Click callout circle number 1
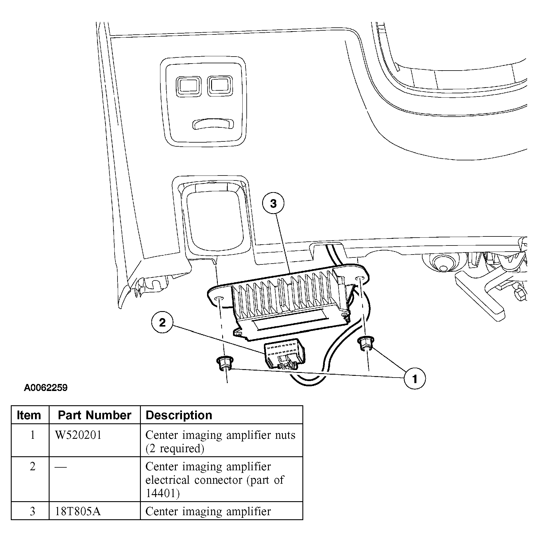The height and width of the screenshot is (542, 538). click(x=414, y=379)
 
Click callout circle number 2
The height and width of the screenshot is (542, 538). click(x=162, y=322)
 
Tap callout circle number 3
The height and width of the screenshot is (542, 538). click(x=273, y=204)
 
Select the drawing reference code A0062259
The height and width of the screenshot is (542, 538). click(x=45, y=388)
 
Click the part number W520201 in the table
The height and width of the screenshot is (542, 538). click(x=78, y=435)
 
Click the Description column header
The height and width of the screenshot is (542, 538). click(x=179, y=415)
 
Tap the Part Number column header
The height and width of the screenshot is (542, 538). click(x=94, y=415)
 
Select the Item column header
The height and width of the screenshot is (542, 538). click(x=29, y=415)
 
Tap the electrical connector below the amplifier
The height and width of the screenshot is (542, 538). click(x=285, y=354)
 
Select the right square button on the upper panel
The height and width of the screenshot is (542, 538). click(x=220, y=86)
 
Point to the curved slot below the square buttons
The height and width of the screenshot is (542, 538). click(x=213, y=124)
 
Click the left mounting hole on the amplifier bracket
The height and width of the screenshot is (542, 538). click(x=219, y=299)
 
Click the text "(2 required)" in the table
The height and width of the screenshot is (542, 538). click(x=175, y=448)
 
